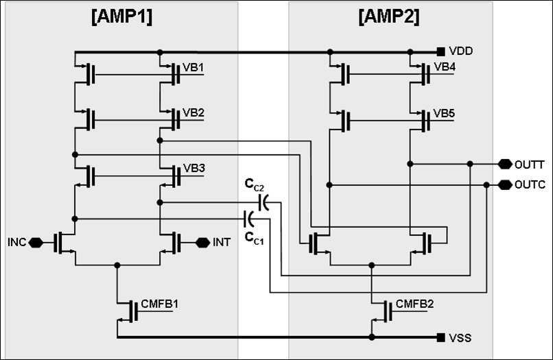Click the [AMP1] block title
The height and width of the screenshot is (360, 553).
click(x=122, y=16)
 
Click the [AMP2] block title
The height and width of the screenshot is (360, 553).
click(x=389, y=16)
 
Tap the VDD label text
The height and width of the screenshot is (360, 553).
click(x=460, y=51)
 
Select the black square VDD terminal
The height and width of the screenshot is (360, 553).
click(x=441, y=52)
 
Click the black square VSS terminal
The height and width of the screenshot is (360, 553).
click(x=441, y=337)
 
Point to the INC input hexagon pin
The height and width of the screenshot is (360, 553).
click(x=36, y=243)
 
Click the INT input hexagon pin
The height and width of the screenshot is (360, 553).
click(x=203, y=243)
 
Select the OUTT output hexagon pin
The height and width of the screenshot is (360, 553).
click(x=505, y=164)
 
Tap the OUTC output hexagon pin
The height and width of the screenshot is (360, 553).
click(x=505, y=184)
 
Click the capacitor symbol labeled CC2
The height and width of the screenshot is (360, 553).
click(x=263, y=202)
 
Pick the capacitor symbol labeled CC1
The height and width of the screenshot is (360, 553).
click(x=249, y=219)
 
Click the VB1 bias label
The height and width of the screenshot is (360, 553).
click(x=193, y=67)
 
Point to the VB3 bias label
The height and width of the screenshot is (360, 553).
click(x=194, y=168)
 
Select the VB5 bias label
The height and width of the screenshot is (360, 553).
click(x=444, y=113)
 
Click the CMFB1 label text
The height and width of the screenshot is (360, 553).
click(x=160, y=304)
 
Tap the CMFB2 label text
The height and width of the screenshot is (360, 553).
click(x=414, y=304)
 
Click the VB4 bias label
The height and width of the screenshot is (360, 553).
click(x=445, y=67)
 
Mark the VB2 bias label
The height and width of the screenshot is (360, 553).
click(x=193, y=112)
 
